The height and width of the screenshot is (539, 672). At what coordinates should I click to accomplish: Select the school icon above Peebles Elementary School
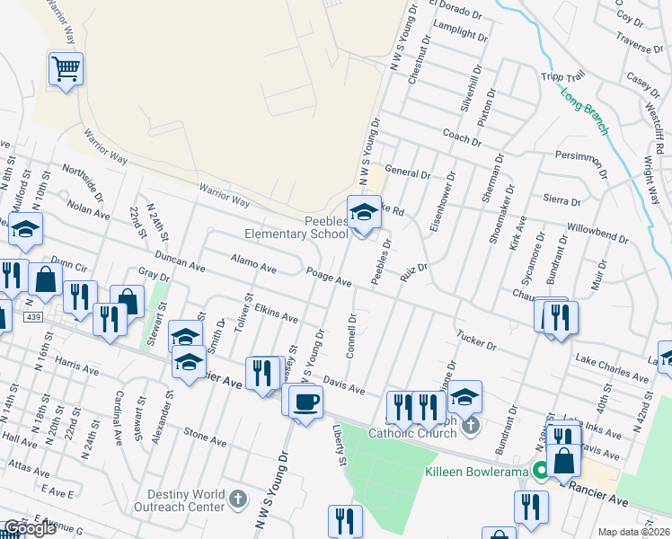363,213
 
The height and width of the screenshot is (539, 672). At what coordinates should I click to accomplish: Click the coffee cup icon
305,401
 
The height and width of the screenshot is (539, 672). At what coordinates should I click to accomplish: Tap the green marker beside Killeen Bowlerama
541,470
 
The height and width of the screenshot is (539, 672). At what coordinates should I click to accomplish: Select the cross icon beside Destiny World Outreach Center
238,498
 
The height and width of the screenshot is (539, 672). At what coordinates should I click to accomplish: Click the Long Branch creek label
586,111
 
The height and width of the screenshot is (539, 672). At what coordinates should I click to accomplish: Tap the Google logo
29,528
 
